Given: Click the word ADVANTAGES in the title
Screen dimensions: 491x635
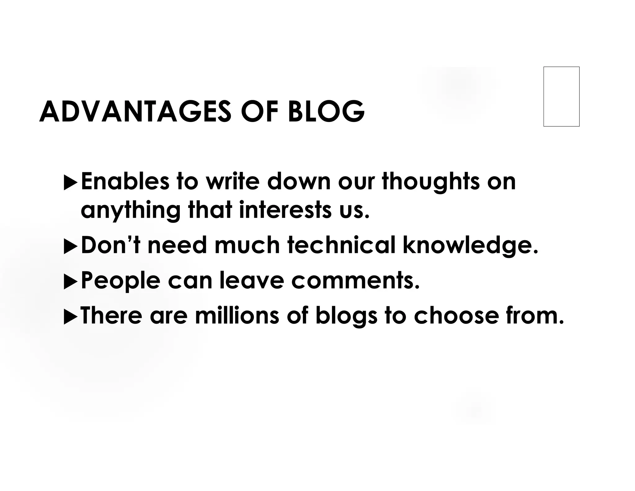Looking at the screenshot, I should pyautogui.click(x=135, y=111).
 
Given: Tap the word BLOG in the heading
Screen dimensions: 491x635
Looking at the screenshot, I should pyautogui.click(x=326, y=111).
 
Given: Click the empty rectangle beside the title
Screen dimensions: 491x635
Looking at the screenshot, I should pyautogui.click(x=561, y=97).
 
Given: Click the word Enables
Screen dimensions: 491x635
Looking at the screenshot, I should pyautogui.click(x=125, y=182).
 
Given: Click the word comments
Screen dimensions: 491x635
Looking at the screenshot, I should pyautogui.click(x=355, y=281).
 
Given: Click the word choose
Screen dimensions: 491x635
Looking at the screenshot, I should pyautogui.click(x=456, y=316).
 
